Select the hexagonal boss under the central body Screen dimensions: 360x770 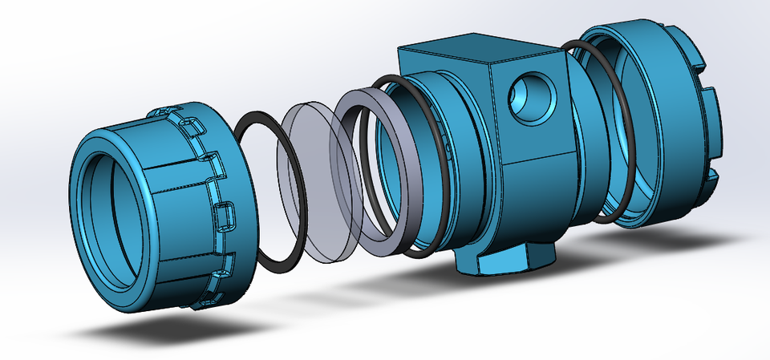pos(505,261)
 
